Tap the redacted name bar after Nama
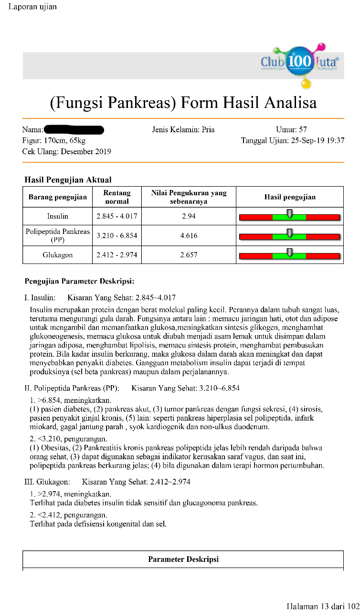(74, 129)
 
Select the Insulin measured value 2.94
(189, 216)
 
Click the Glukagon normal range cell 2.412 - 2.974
(117, 255)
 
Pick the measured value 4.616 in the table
(189, 236)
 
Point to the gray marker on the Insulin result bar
(289, 213)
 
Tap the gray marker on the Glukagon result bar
(289, 252)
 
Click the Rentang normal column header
(117, 197)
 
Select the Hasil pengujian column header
(290, 197)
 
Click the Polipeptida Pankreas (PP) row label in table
(58, 236)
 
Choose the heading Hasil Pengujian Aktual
(68, 180)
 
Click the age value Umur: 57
(291, 130)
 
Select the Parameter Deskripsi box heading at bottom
(183, 559)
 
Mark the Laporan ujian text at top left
(32, 7)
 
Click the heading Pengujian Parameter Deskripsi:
(79, 281)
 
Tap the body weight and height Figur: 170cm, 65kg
(53, 141)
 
